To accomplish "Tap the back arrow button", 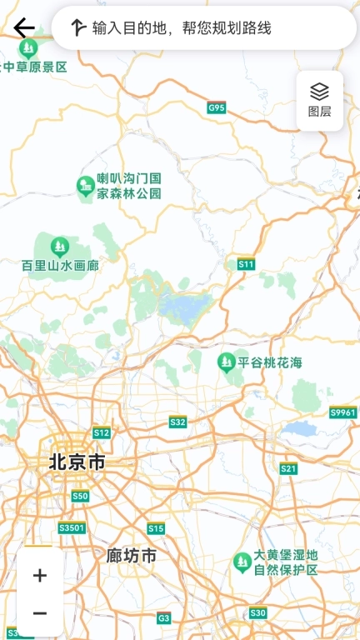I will coord(23,27).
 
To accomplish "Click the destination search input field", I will coord(204,28).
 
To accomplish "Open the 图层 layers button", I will coord(320,100).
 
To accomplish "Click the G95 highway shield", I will coord(217,107).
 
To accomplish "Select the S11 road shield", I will coord(246,264).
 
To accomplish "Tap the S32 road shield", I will coord(178,422).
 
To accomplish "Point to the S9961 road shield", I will coord(342,412).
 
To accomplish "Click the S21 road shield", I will coord(288,468).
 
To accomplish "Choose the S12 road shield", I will coord(102,432).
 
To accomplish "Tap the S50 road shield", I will coord(80,497).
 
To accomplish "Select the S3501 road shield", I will coord(72,528).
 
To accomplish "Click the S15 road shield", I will coord(156,528).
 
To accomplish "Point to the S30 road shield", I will coord(258,612).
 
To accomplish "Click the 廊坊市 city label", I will coord(132,555).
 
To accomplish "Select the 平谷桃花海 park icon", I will coord(226,362).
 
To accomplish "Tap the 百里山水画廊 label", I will coord(60,267).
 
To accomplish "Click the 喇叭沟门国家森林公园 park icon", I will coord(85,186).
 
